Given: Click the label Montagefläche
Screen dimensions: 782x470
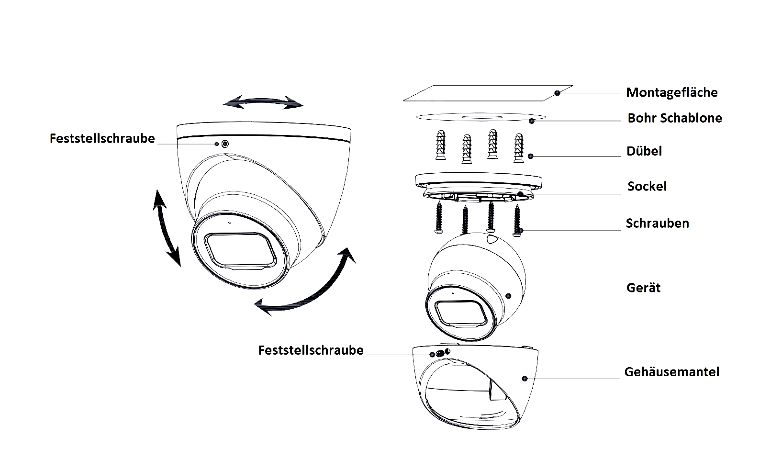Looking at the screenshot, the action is [671, 92].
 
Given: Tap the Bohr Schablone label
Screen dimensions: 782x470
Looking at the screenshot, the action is [674, 118].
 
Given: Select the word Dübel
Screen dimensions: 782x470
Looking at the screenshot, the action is [644, 151].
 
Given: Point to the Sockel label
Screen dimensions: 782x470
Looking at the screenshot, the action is [647, 186].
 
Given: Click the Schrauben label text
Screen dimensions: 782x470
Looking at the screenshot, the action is [658, 223].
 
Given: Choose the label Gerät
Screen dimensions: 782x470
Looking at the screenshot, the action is [643, 288].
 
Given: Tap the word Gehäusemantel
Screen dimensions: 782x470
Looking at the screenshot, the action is [671, 372].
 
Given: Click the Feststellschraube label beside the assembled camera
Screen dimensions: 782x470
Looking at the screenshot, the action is [102, 139].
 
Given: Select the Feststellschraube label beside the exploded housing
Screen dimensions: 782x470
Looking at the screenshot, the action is [311, 350].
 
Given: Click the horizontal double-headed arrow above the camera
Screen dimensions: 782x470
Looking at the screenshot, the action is [263, 101].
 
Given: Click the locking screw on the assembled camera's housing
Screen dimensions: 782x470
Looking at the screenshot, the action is [225, 144].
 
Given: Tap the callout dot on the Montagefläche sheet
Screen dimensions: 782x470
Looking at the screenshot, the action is [557, 93].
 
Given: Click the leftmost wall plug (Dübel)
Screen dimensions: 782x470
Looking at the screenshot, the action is [441, 145].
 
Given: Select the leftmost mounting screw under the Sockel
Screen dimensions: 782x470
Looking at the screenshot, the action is [439, 217].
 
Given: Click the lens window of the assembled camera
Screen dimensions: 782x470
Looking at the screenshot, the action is [240, 250].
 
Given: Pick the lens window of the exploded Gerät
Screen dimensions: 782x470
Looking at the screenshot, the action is [461, 313].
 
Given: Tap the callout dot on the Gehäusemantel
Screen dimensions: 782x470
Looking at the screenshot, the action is [525, 379].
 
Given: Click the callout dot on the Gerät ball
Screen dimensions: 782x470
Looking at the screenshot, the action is [508, 296].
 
